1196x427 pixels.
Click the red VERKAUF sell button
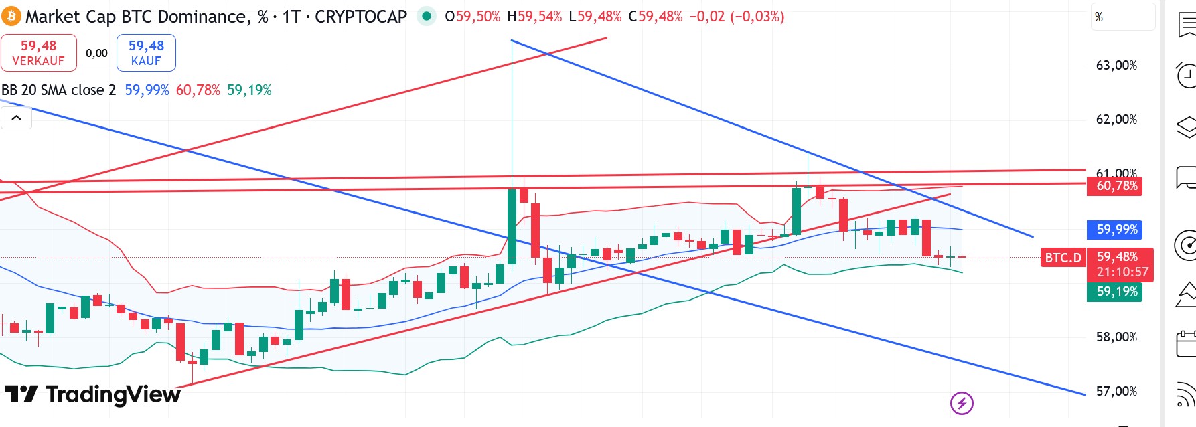click(x=39, y=53)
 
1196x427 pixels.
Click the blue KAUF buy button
click(x=146, y=53)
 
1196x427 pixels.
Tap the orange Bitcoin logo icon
click(x=11, y=16)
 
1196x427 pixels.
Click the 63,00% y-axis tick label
click(x=1116, y=66)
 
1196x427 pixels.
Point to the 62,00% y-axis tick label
click(x=1116, y=120)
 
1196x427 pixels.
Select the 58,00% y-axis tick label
click(x=1116, y=337)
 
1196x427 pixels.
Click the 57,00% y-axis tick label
click(x=1116, y=392)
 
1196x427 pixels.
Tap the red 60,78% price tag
click(x=1116, y=186)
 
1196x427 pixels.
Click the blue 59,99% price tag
click(x=1116, y=230)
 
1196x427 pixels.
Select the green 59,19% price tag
click(x=1116, y=292)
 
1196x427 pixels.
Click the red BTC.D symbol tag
click(x=1063, y=258)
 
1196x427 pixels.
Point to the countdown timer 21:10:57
click(x=1122, y=272)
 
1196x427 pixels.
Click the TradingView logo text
click(x=113, y=395)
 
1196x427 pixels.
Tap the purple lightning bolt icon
click(x=962, y=403)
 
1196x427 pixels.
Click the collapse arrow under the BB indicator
click(x=17, y=118)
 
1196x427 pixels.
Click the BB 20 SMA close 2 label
click(x=59, y=90)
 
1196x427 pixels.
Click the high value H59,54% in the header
click(x=534, y=17)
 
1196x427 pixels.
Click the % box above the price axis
click(x=1122, y=17)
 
